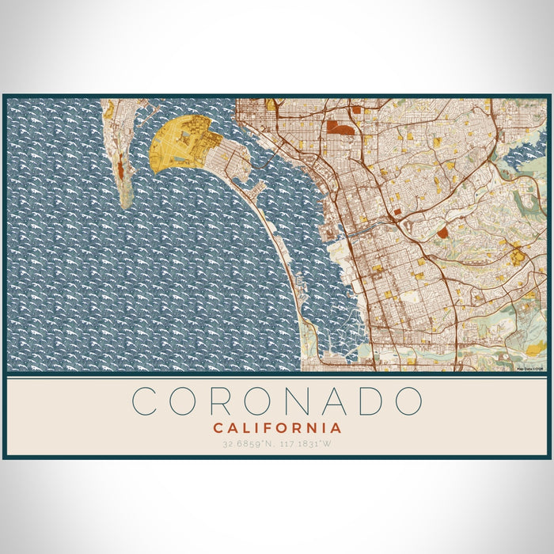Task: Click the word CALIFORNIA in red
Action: [x=277, y=428]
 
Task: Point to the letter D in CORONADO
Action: [x=370, y=401]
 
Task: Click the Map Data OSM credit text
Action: [x=530, y=368]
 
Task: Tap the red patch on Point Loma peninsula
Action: [x=119, y=167]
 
